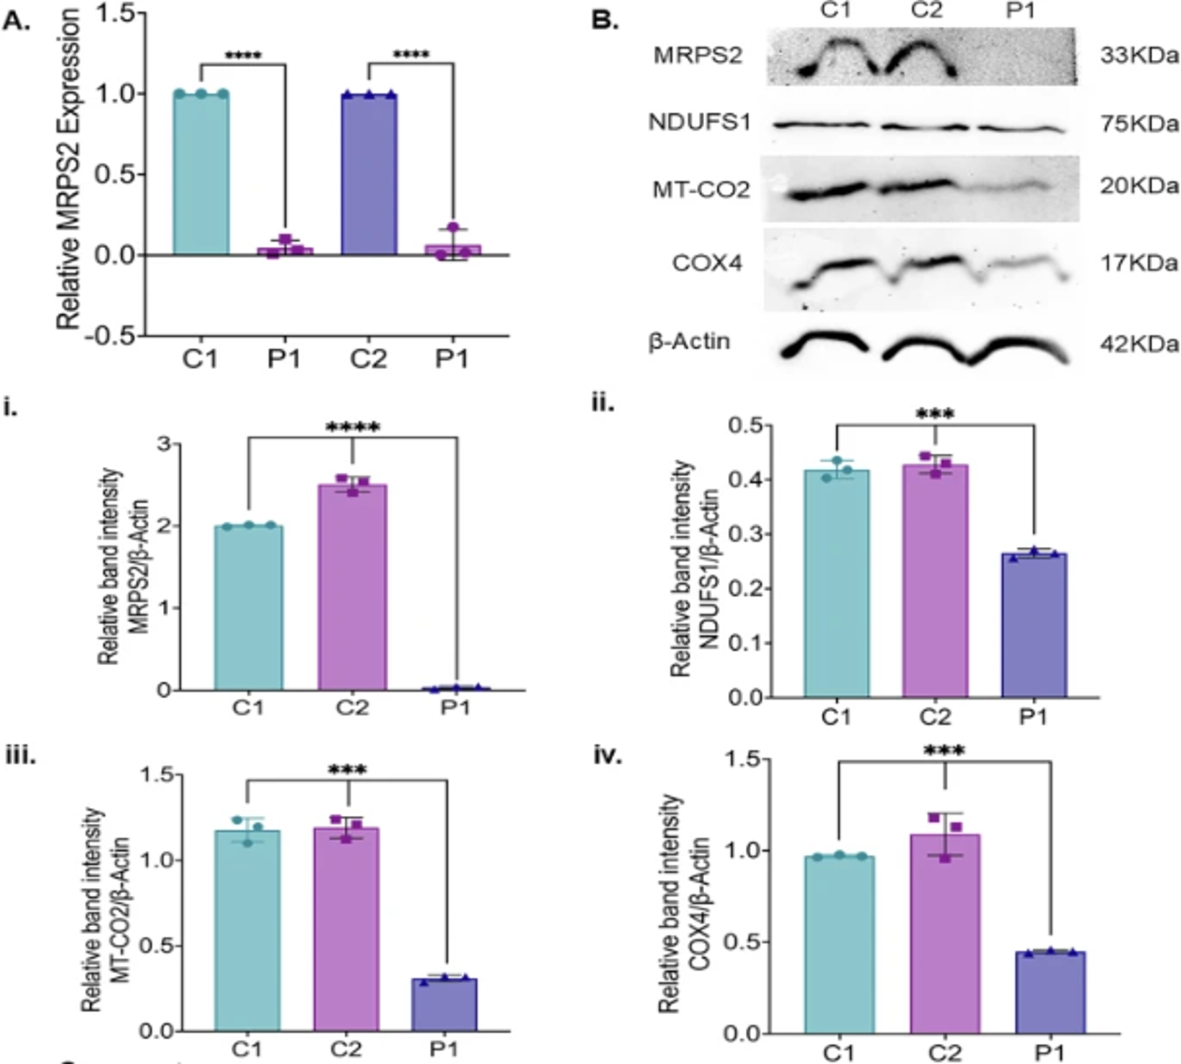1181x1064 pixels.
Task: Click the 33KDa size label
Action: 1139,56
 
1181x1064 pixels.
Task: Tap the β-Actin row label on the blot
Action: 689,341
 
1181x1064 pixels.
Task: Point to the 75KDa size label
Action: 1139,123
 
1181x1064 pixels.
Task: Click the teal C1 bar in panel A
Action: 201,173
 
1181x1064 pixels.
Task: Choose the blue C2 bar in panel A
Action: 369,173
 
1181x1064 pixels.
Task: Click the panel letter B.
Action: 605,20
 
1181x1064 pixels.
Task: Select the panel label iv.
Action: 607,757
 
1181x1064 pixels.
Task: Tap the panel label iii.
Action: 20,757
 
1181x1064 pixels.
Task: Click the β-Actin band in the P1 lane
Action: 1017,350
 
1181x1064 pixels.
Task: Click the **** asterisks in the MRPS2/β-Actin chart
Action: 353,428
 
